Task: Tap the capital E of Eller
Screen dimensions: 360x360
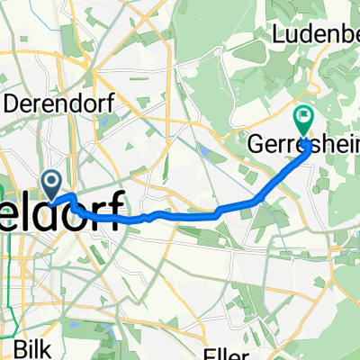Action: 210,352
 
